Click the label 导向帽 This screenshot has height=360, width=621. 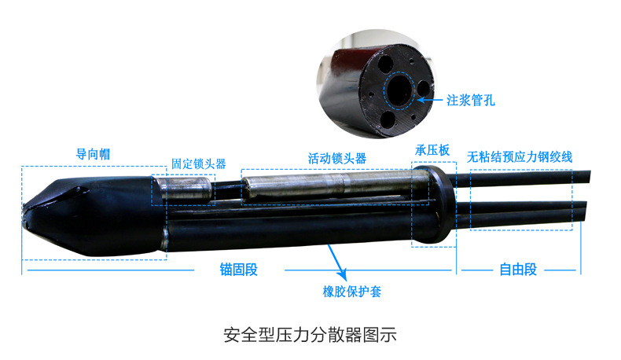[93, 154]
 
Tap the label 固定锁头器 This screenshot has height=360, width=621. [198, 163]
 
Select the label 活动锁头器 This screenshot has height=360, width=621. [337, 159]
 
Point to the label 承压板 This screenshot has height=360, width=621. [432, 150]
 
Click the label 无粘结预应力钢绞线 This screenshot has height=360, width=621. [520, 157]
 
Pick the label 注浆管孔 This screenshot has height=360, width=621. [471, 100]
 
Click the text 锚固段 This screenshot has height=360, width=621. [239, 270]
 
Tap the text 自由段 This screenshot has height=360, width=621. [518, 270]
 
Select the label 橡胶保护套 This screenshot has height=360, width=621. [351, 292]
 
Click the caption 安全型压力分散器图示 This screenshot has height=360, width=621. [310, 335]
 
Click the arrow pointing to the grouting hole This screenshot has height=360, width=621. [430, 100]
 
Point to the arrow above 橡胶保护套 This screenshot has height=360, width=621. [337, 263]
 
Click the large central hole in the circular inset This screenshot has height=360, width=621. [399, 90]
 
